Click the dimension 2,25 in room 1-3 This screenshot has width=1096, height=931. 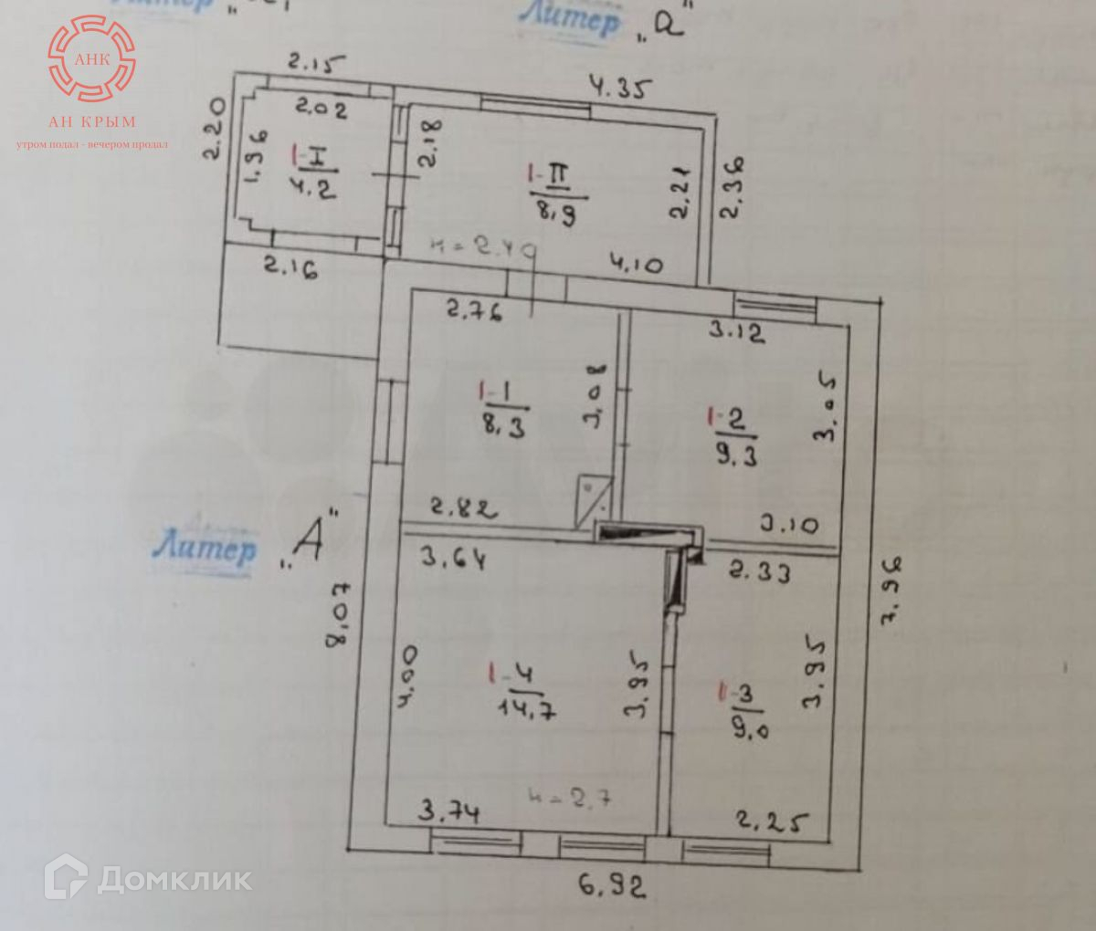pos(772,823)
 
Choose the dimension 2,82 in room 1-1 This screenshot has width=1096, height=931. pos(464,507)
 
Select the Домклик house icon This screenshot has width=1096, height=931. pos(66,877)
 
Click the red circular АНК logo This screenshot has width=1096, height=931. pos(91,58)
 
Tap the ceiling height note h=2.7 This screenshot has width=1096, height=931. pos(570,796)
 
